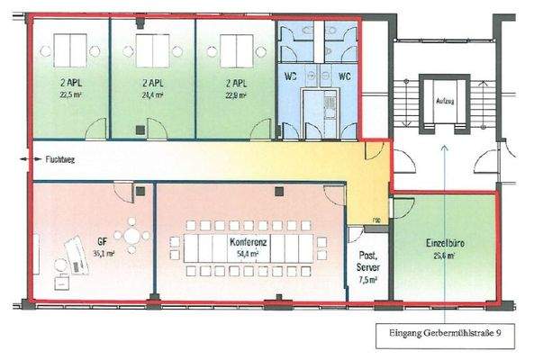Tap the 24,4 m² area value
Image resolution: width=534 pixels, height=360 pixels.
[149, 92]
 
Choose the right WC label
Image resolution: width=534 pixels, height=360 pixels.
[343, 76]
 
